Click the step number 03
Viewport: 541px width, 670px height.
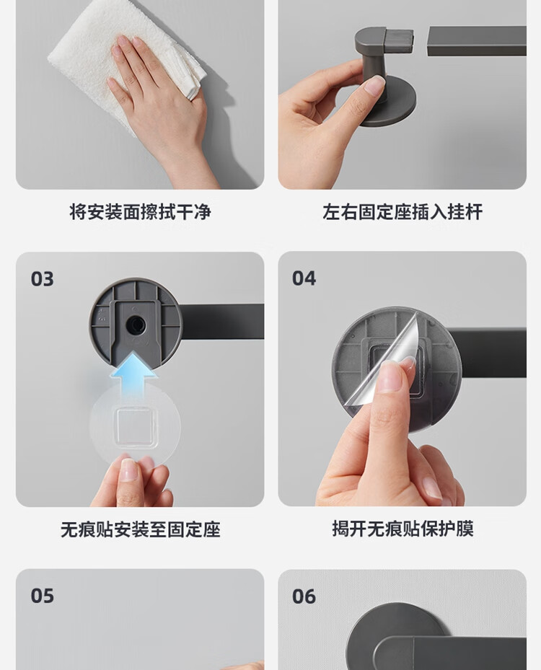pos(43,279)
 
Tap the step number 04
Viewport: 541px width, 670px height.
pos(304,278)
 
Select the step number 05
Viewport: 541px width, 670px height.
pos(43,596)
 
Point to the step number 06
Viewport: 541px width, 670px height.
pos(304,596)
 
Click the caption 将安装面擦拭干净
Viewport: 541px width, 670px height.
pos(140,212)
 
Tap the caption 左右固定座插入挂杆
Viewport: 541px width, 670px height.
pos(403,212)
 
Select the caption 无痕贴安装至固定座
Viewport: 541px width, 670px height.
pos(140,530)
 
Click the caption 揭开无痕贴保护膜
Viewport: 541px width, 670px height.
pos(403,529)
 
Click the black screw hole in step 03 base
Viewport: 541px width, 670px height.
pos(136,325)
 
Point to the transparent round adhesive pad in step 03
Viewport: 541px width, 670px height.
pos(135,426)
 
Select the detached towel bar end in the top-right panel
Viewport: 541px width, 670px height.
pos(477,41)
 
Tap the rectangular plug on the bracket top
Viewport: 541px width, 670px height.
pos(399,40)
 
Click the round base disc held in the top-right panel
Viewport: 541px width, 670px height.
pos(387,100)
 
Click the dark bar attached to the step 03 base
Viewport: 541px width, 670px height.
pos(222,322)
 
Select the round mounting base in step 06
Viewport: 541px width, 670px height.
pos(395,632)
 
